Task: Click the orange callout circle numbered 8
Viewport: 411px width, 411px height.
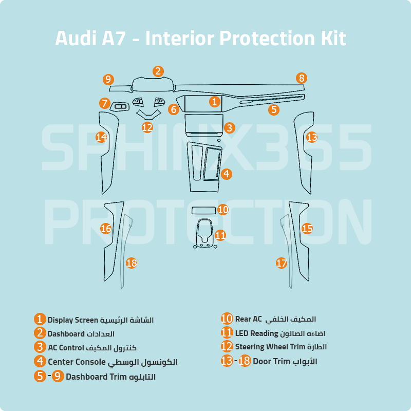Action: click(x=302, y=78)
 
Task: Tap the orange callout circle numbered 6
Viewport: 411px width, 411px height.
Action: click(x=173, y=109)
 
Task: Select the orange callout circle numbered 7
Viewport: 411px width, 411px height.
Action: click(x=105, y=103)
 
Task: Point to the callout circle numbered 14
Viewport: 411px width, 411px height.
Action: click(x=102, y=137)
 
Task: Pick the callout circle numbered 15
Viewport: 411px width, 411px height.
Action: click(x=307, y=228)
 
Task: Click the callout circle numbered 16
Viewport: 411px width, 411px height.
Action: click(x=106, y=228)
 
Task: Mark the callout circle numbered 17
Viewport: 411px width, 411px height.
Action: click(x=282, y=263)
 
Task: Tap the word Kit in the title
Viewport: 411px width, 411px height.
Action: click(x=332, y=39)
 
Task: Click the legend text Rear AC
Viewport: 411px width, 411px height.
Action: click(x=249, y=319)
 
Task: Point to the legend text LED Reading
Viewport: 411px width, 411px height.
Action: click(x=257, y=333)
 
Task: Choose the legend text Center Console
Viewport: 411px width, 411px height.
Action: click(x=77, y=362)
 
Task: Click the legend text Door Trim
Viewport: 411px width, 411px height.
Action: click(x=272, y=361)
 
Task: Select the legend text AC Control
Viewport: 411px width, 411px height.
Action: click(x=66, y=347)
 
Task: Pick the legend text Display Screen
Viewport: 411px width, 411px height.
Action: click(x=72, y=320)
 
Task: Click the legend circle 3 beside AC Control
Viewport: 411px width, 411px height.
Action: click(x=41, y=347)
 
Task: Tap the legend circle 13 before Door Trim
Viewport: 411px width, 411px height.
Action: click(x=227, y=361)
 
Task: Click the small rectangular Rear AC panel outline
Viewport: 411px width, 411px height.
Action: click(x=204, y=211)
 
